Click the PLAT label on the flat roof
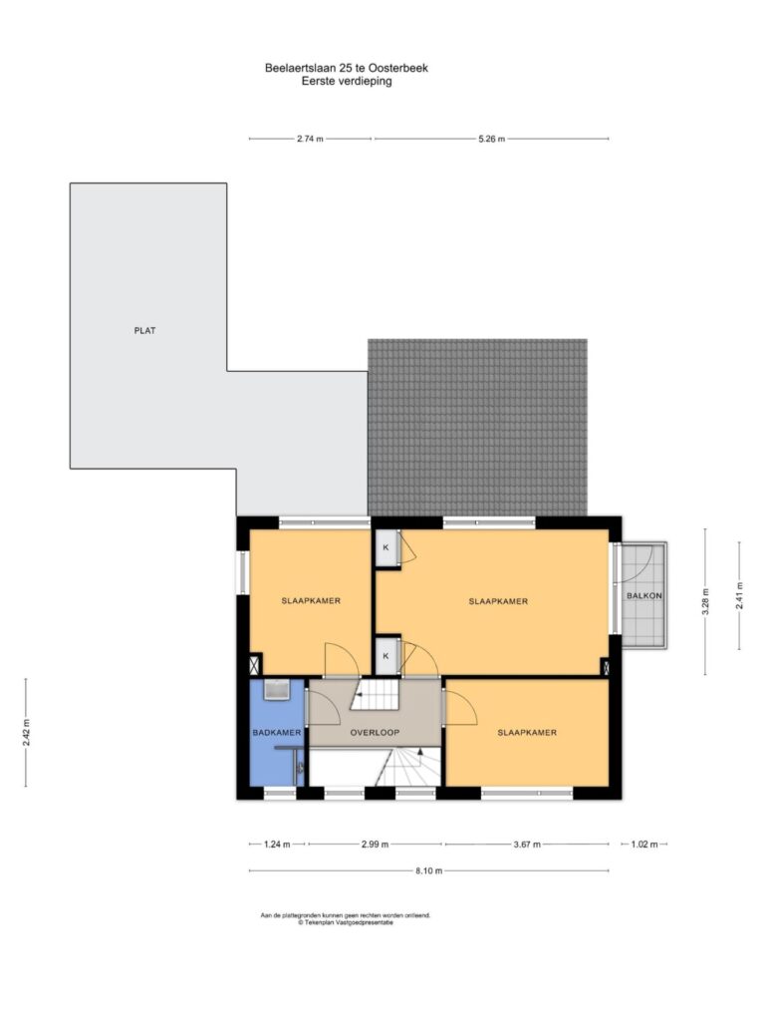pyautogui.click(x=144, y=330)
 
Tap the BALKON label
pyautogui.click(x=644, y=595)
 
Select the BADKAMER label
pyautogui.click(x=277, y=732)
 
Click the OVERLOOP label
pyautogui.click(x=375, y=732)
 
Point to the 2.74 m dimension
pyautogui.click(x=310, y=139)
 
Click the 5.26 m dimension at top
pyautogui.click(x=491, y=139)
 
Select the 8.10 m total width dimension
pyautogui.click(x=428, y=870)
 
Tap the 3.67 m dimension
pyautogui.click(x=527, y=845)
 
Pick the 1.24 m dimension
pyautogui.click(x=277, y=845)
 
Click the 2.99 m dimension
pyautogui.click(x=375, y=845)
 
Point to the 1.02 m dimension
pyautogui.click(x=644, y=845)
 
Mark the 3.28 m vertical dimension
pyautogui.click(x=706, y=601)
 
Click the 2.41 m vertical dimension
pyautogui.click(x=739, y=595)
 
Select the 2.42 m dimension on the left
pyautogui.click(x=26, y=733)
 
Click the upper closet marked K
pyautogui.click(x=385, y=547)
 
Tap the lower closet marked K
pyautogui.click(x=385, y=656)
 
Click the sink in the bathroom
pyautogui.click(x=277, y=690)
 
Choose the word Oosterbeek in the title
pyautogui.click(x=398, y=68)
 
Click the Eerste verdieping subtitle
pyautogui.click(x=347, y=82)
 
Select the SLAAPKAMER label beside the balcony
pyautogui.click(x=498, y=601)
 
